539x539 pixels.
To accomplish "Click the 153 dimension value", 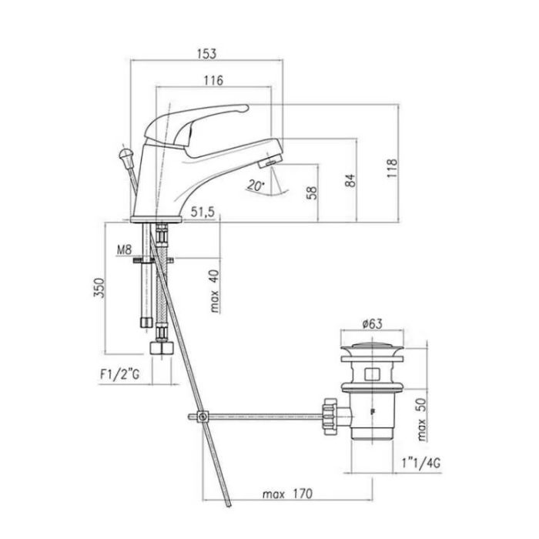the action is [x=206, y=54].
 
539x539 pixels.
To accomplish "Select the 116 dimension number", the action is [x=213, y=80].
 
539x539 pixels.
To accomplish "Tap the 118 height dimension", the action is [x=392, y=168].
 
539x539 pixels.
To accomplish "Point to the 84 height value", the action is [x=350, y=180].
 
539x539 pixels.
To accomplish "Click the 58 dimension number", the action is [x=311, y=192].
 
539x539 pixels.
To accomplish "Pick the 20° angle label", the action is [x=256, y=186].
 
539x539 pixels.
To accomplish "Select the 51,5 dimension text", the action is [x=203, y=212].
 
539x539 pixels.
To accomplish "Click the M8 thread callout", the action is [x=124, y=250].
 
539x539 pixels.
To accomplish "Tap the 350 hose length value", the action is [x=99, y=288].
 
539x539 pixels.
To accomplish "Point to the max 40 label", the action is [x=215, y=291].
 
